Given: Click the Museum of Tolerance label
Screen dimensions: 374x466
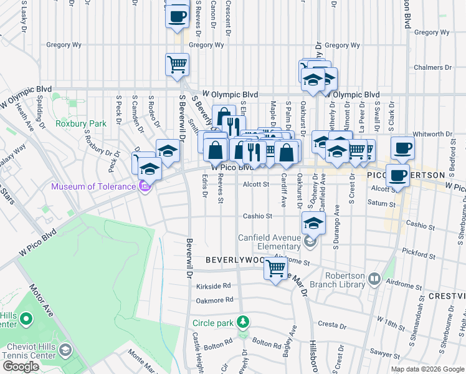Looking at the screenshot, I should [93, 186].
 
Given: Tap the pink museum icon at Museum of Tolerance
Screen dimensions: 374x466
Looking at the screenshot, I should [145, 186].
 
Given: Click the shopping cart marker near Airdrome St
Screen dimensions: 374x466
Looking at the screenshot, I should [275, 269].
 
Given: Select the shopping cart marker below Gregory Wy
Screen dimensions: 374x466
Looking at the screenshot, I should [177, 64].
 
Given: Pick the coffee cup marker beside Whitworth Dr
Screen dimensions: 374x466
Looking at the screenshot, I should [403, 148].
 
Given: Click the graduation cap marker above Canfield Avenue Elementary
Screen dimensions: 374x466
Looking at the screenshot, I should [313, 223].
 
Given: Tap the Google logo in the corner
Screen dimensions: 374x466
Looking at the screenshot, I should [21, 367].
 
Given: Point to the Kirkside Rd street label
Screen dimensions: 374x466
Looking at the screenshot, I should [214, 285].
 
